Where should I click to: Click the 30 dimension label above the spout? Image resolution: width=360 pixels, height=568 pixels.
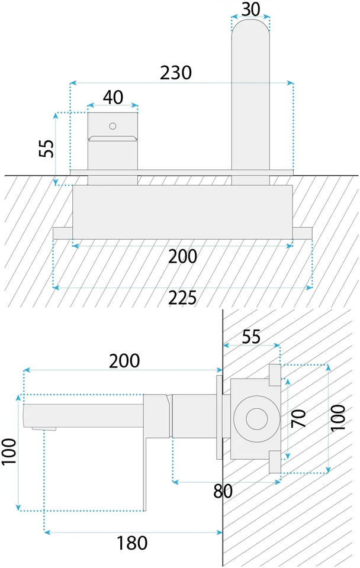(251, 9)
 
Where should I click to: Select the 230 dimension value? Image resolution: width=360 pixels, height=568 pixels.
(176, 73)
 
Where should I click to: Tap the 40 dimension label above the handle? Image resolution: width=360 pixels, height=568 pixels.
(113, 97)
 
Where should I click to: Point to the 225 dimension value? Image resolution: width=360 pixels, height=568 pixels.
(182, 298)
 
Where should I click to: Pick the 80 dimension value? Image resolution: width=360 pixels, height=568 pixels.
(223, 491)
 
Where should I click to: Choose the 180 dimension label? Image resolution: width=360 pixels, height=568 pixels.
(131, 543)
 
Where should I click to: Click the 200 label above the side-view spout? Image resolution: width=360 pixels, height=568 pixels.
(124, 361)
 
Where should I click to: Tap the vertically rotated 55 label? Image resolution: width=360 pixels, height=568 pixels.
(47, 148)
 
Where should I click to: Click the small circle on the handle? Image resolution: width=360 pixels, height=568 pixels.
(112, 126)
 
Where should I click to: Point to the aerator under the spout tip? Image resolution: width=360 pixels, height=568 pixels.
(44, 429)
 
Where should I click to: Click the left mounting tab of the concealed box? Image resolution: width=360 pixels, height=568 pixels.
(63, 233)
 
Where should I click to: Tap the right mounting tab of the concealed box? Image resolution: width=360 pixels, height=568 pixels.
(303, 233)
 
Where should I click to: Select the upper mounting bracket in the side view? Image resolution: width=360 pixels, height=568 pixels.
(275, 375)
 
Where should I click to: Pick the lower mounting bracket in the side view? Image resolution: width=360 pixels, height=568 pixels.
(275, 462)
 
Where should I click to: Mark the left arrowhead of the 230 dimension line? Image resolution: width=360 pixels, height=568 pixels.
(72, 83)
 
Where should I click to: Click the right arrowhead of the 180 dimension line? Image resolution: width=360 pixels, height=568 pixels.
(219, 532)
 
